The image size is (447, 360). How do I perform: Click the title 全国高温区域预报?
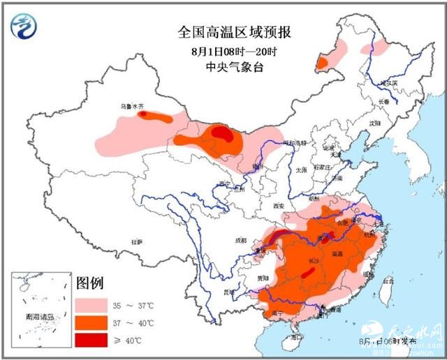click(x=225, y=33)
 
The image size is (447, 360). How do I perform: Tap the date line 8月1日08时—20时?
click(x=225, y=50)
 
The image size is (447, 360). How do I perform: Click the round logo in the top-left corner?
click(x=24, y=25)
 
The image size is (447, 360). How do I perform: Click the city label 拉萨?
click(x=135, y=241)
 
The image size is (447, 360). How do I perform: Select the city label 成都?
click(x=241, y=241)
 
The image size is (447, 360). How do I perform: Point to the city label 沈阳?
click(x=375, y=123)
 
